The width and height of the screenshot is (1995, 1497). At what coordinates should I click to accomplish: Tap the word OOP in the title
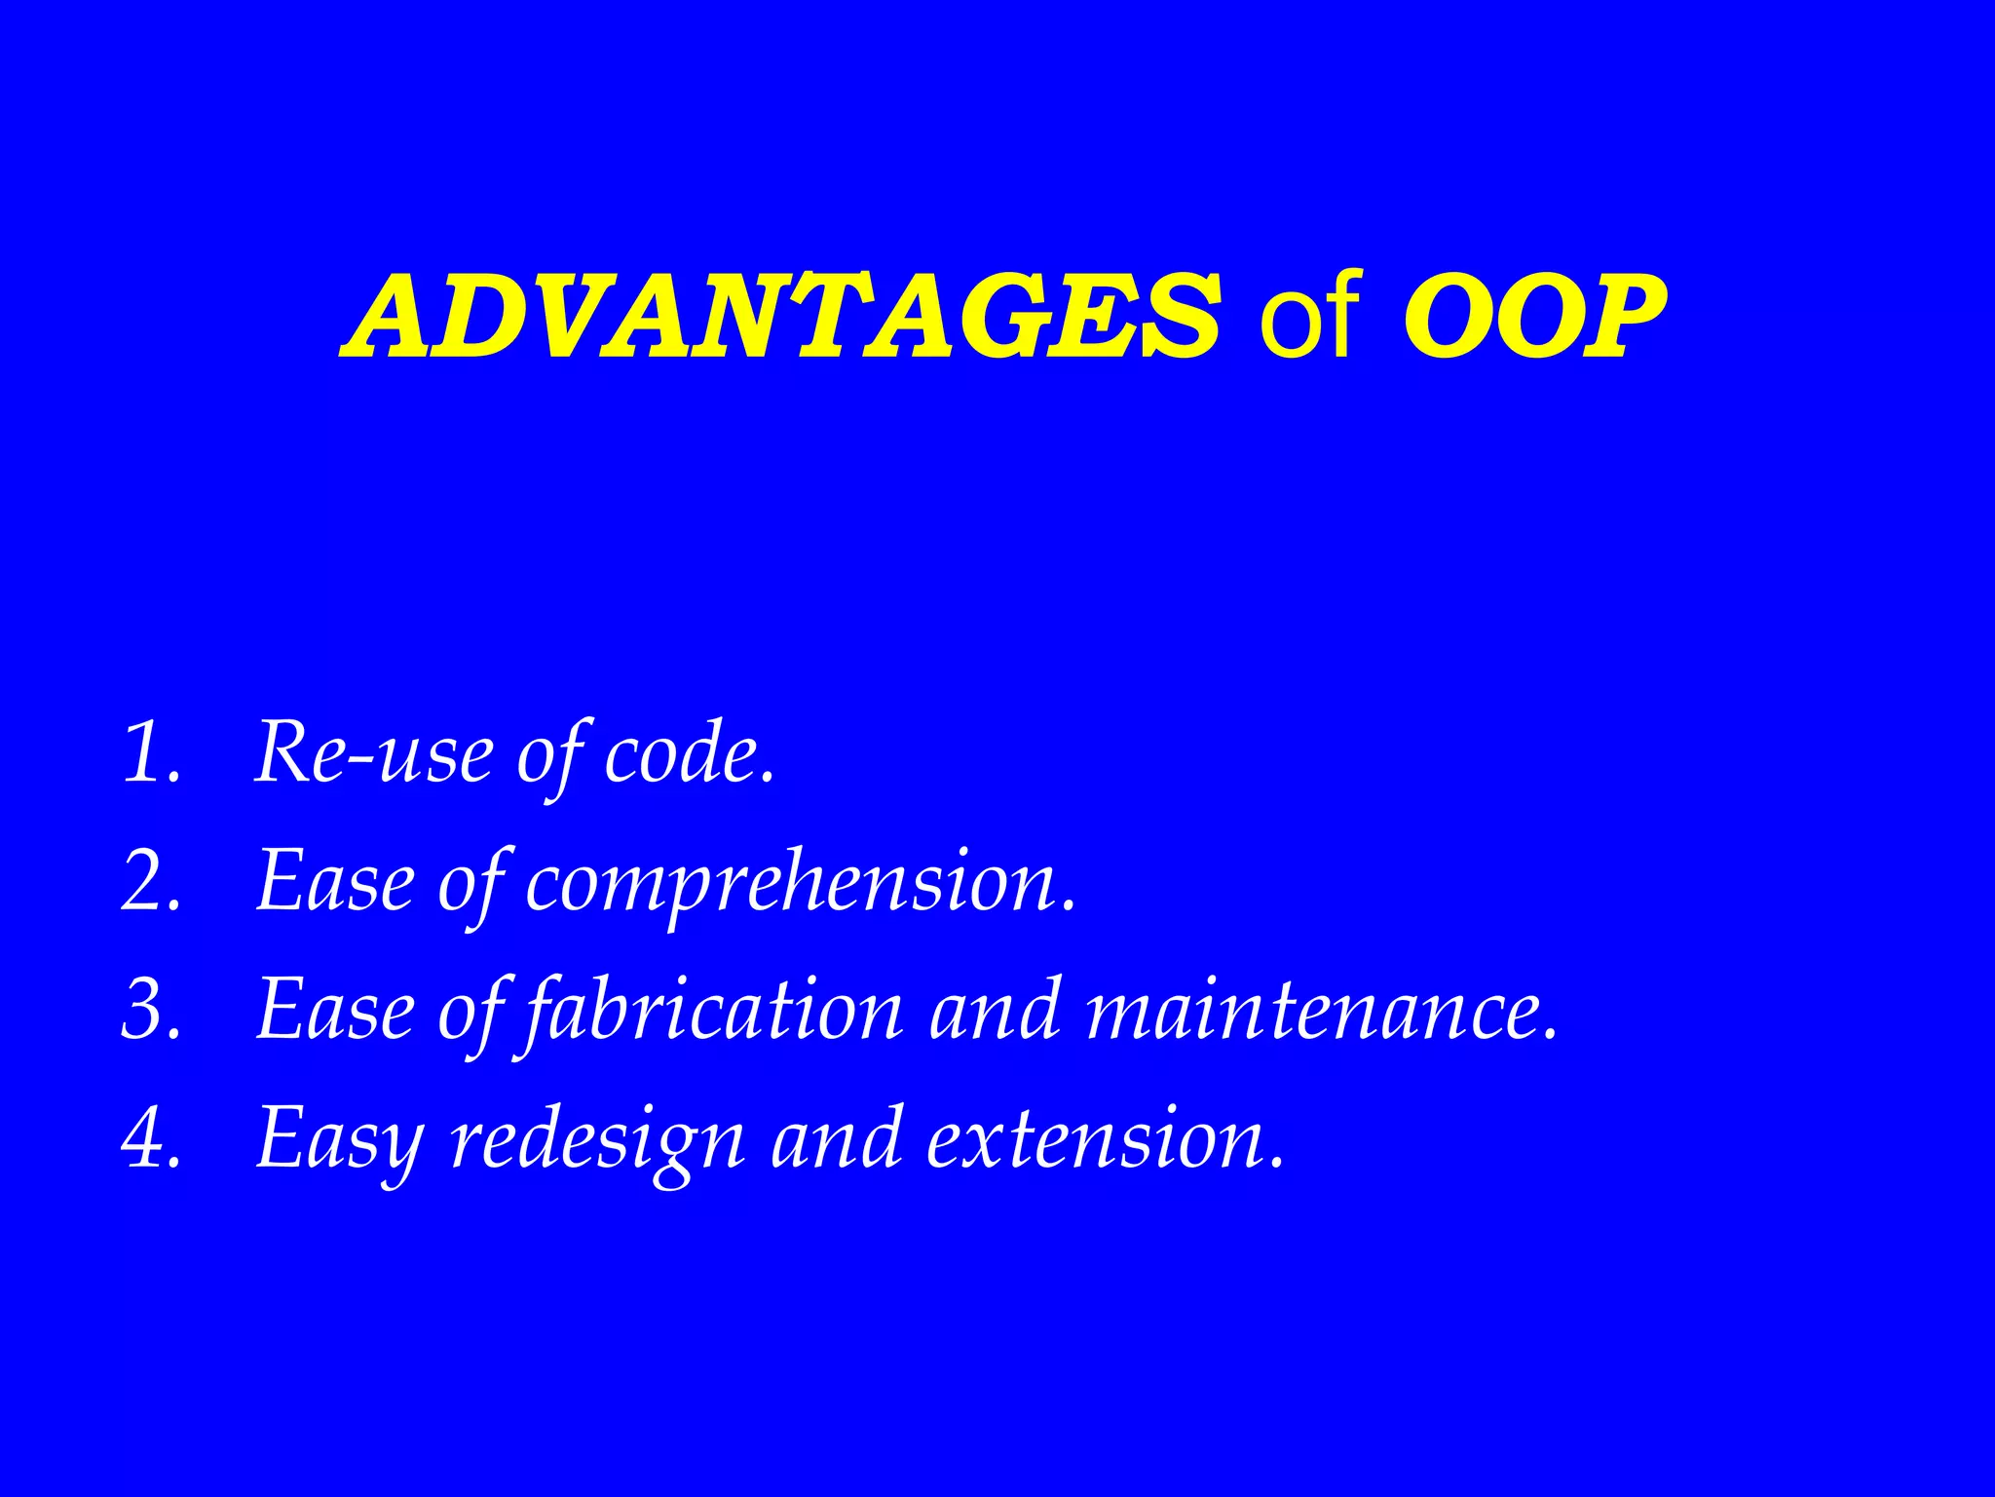point(1533,317)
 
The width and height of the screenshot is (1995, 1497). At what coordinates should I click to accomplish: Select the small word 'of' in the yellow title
point(1308,317)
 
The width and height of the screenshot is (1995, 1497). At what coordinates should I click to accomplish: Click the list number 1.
point(150,752)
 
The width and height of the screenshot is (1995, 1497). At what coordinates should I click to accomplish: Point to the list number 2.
point(152,881)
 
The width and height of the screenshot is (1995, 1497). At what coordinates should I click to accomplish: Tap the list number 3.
point(152,1010)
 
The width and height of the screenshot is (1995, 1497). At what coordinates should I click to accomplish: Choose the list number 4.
point(152,1138)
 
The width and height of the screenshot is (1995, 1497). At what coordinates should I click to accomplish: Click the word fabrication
point(713,1012)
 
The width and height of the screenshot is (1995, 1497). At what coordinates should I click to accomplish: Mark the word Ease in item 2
point(335,881)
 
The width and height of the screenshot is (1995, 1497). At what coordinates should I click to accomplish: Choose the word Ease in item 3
point(335,1010)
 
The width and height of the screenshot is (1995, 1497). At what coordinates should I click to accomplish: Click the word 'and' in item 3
point(994,1012)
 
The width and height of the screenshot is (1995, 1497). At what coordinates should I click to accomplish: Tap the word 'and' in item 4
point(836,1138)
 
